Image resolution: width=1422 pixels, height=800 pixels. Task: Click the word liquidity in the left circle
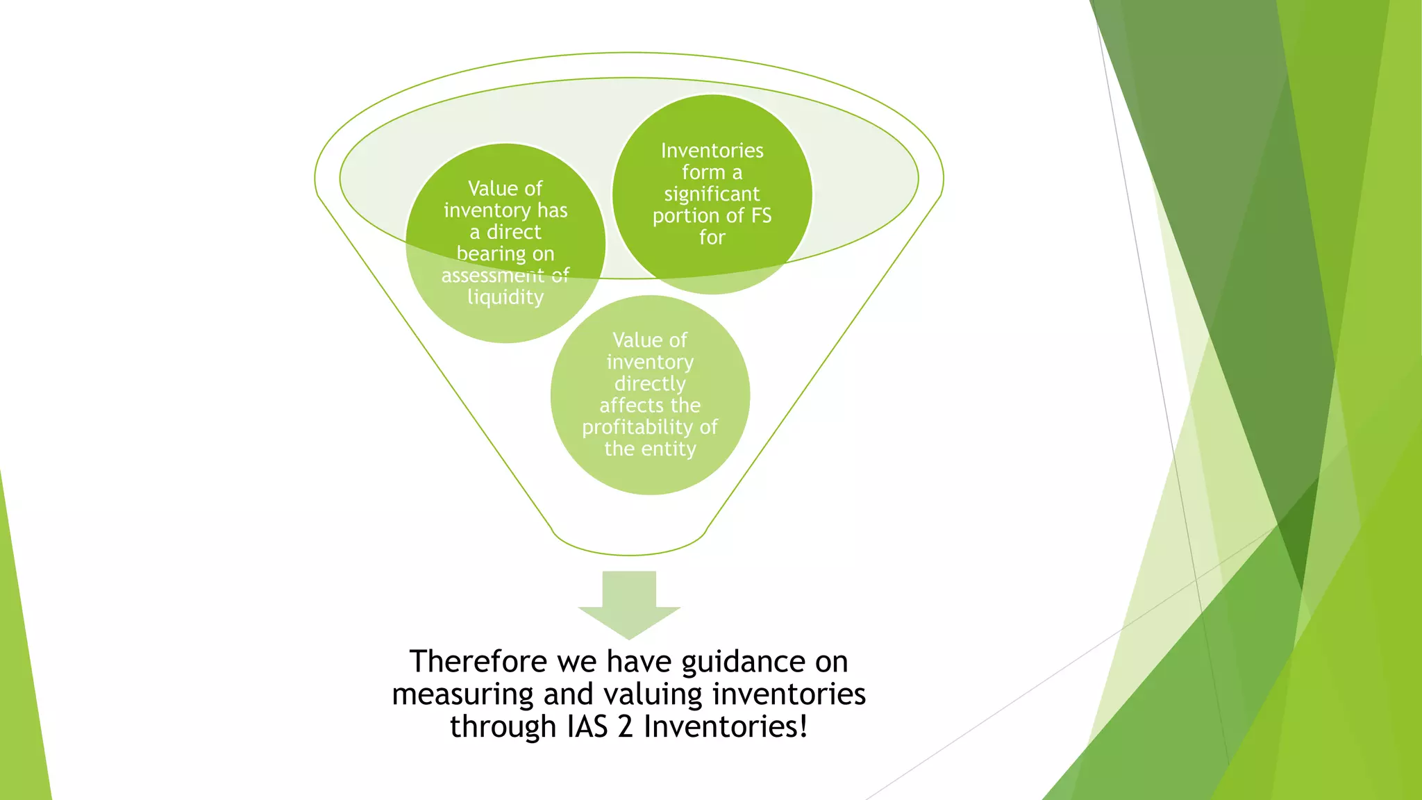point(505,297)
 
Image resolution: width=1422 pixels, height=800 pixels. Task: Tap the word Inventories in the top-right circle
point(712,151)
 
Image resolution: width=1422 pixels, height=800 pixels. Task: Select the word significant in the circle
point(712,194)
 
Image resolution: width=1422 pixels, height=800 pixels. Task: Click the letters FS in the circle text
point(761,215)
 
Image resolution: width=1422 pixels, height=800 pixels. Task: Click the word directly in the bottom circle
point(650,384)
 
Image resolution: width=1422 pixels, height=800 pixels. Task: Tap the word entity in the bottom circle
point(668,449)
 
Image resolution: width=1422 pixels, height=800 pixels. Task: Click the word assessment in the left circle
point(492,276)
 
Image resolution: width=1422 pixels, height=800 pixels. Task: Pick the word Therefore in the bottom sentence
point(478,661)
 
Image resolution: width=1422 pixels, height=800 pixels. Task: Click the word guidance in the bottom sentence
point(743,662)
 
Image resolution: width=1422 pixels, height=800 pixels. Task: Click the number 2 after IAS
point(626,727)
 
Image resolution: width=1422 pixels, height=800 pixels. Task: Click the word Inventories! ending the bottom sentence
point(726,727)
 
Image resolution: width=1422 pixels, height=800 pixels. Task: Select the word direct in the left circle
point(513,232)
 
